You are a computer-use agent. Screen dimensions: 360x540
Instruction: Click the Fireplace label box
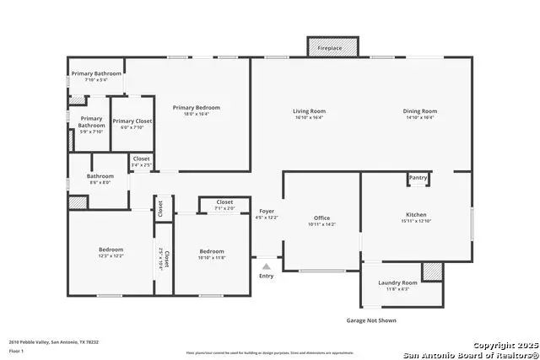click(330, 48)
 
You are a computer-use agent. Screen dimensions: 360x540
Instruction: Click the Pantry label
click(418, 178)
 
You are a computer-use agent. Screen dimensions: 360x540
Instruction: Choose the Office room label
click(321, 220)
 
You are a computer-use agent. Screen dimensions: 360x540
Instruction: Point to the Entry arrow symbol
click(267, 266)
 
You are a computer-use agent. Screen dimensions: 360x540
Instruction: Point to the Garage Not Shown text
click(371, 320)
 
